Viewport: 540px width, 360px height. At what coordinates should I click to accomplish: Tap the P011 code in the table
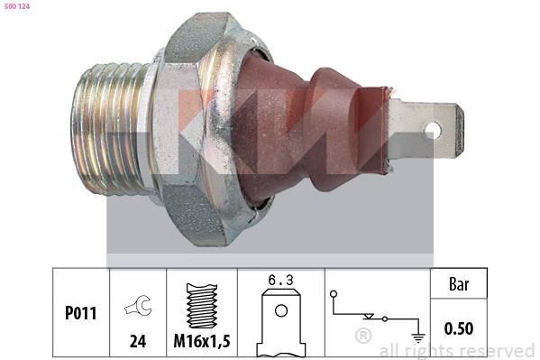click(x=80, y=314)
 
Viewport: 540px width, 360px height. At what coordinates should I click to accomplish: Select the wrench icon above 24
click(x=138, y=308)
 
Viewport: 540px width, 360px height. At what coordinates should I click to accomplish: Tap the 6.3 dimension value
click(x=280, y=280)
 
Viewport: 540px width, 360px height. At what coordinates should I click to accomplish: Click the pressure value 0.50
click(x=460, y=328)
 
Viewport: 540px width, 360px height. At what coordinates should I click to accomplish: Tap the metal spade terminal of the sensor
click(x=424, y=129)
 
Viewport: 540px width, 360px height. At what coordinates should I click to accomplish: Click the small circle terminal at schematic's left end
click(x=334, y=294)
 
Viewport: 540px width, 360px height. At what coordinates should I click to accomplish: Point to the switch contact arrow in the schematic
click(x=369, y=316)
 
